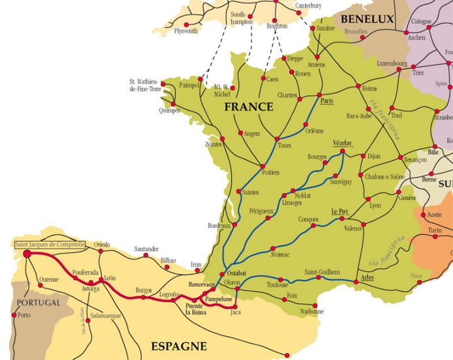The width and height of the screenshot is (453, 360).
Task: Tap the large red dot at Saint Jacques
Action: (27, 254)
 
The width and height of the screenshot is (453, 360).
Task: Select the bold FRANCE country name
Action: (249, 107)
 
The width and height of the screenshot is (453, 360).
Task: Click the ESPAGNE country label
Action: (179, 346)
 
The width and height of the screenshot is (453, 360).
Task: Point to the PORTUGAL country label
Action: (38, 303)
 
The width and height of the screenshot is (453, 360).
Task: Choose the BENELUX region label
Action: (367, 20)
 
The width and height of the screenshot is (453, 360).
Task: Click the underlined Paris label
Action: (326, 101)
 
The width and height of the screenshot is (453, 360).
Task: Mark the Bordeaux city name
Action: (220, 225)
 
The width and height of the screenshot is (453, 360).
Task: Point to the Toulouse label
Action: (277, 284)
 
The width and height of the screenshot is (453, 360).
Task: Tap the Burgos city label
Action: (143, 290)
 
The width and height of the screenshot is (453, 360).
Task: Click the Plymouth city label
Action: (186, 30)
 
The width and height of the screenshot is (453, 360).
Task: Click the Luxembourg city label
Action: (391, 64)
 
